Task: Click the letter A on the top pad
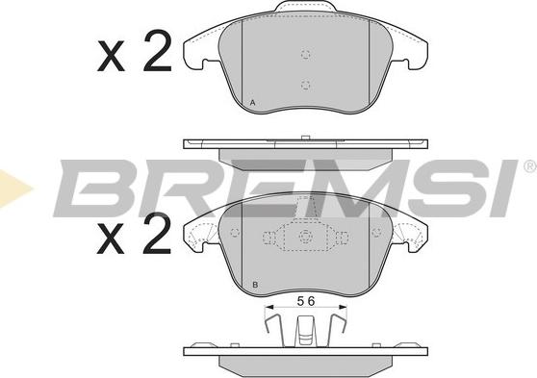coord(253,102)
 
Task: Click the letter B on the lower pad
coord(254,285)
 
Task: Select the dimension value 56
coord(306,301)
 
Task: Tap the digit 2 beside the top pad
coord(157,51)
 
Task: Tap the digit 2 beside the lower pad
coord(157,234)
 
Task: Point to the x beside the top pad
coord(111,56)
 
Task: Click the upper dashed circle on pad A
coord(306,54)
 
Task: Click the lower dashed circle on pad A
coord(306,85)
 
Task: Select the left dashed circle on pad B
coord(235,233)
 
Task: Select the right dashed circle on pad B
coord(376,233)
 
